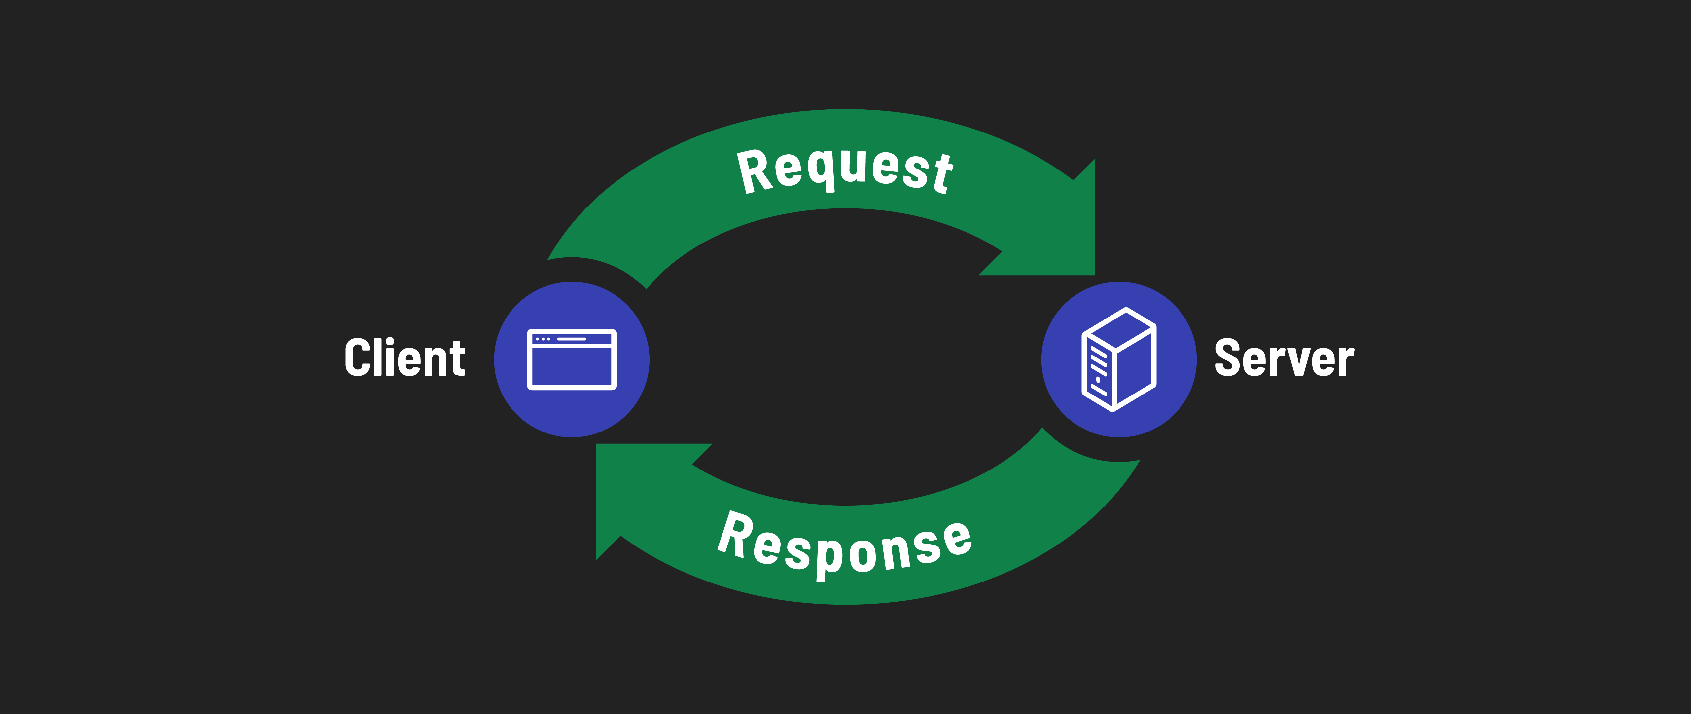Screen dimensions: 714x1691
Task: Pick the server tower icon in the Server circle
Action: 1118,359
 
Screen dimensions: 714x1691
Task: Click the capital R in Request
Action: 755,171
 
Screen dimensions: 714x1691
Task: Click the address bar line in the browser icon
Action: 571,339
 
